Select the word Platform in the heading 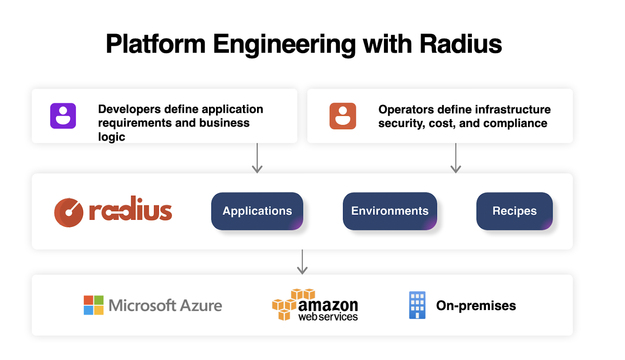pos(155,44)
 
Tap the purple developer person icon pos(63,116)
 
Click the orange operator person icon pos(343,116)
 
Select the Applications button pos(257,211)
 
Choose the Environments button pos(389,211)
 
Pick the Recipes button pos(514,211)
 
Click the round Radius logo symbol pos(69,212)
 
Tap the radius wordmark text pos(130,210)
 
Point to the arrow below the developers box pos(257,158)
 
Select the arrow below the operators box pos(455,158)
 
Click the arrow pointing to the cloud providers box pos(302,262)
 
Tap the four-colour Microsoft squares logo pos(94,305)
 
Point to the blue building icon pos(417,305)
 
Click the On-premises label pos(476,305)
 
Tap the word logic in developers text pos(111,137)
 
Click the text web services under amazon pos(328,317)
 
